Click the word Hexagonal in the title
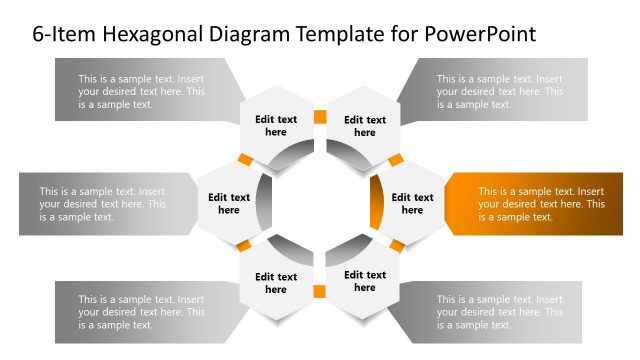pos(148,34)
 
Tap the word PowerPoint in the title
pos(481,34)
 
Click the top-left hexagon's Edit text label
pos(276,126)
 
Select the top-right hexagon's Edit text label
pos(365,126)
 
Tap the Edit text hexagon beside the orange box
pos(412,204)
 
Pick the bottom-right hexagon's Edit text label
pos(365,282)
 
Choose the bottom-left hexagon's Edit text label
pos(276,283)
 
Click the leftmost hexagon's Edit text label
pos(229,204)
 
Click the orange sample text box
pos(536,204)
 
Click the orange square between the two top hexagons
pos(320,117)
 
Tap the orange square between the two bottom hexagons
pos(320,292)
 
